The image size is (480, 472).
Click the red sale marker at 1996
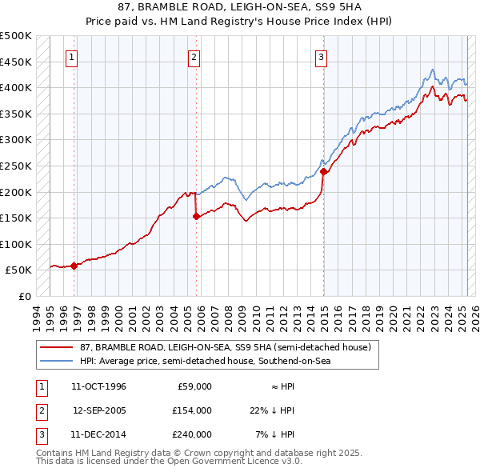(x=74, y=266)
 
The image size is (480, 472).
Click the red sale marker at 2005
(x=196, y=216)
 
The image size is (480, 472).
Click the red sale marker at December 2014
(x=323, y=171)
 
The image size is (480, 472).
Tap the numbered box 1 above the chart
(x=72, y=57)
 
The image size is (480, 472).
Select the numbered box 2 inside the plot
(x=194, y=57)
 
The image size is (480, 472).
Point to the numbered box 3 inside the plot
(x=321, y=57)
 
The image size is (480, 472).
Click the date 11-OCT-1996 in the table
(x=98, y=386)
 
